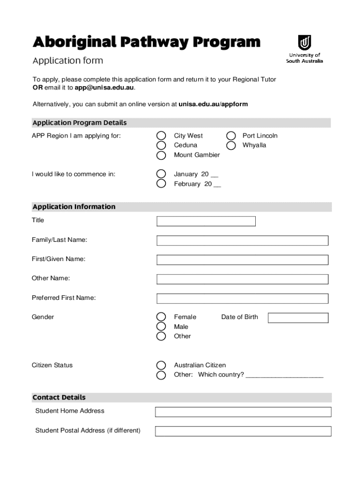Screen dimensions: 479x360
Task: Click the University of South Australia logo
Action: coord(304,49)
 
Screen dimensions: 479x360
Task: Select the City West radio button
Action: coord(161,136)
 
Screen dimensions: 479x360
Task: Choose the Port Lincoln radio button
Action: coord(231,136)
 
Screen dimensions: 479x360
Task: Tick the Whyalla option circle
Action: coord(231,145)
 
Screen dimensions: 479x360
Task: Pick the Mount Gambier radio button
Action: coord(161,155)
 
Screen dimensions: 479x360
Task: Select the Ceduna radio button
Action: coord(161,145)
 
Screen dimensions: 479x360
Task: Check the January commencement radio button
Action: coord(161,174)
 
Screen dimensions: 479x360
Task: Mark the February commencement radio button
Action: coord(161,184)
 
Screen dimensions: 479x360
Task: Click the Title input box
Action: coord(206,221)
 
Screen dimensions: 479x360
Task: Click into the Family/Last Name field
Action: coord(242,240)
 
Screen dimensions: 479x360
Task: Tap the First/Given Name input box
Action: coord(242,260)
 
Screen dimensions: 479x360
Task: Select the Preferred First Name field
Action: coord(242,298)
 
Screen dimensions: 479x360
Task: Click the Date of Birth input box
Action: coord(298,318)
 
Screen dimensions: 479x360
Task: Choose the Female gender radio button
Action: coord(161,317)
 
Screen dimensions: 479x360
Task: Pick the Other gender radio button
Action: coord(161,336)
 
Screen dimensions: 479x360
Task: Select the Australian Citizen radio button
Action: coord(161,365)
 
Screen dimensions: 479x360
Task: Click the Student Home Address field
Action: coord(243,412)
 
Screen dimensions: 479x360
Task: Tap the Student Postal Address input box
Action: coord(243,431)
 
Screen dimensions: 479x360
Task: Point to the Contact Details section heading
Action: coord(59,398)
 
